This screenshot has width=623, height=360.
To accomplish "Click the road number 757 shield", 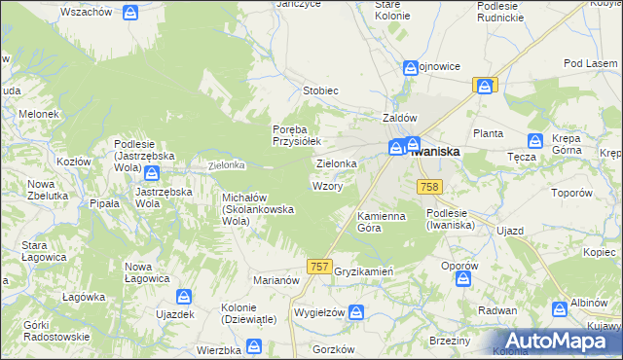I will pos(318,266).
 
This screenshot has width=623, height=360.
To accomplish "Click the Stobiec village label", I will pos(320,90).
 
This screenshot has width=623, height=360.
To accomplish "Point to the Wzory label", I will pos(326,186).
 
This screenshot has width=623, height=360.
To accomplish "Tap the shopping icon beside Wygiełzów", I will pos(356,312).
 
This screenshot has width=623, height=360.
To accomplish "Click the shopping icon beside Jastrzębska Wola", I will pos(153,173).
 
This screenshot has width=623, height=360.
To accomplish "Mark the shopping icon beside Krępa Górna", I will pos(535,141).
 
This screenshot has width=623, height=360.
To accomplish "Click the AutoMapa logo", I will pos(557,340).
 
